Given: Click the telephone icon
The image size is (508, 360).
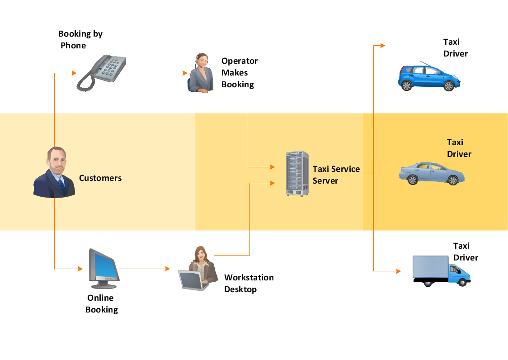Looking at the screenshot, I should [x=102, y=72].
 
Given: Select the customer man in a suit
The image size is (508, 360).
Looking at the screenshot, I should [x=54, y=173].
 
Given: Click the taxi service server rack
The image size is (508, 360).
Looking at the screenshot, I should [x=297, y=174].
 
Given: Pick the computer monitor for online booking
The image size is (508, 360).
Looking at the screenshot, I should [x=103, y=269].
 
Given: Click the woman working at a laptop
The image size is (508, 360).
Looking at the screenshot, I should [x=197, y=269].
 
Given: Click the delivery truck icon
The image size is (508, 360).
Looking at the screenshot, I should [x=441, y=270].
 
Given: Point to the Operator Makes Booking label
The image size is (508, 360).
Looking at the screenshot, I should [x=239, y=72].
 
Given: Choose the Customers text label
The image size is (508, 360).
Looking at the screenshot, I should [x=100, y=178].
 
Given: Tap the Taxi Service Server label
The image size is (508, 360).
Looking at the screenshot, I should [x=336, y=175].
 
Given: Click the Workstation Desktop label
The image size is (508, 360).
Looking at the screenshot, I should [x=249, y=283].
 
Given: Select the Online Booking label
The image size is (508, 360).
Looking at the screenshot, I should [x=102, y=303].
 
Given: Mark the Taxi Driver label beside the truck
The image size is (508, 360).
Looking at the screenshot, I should [x=465, y=251].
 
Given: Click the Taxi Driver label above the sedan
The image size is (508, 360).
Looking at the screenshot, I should [x=459, y=148].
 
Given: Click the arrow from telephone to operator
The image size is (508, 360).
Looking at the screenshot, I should [x=156, y=73].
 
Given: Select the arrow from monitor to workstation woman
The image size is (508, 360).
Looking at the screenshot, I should [x=145, y=269].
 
